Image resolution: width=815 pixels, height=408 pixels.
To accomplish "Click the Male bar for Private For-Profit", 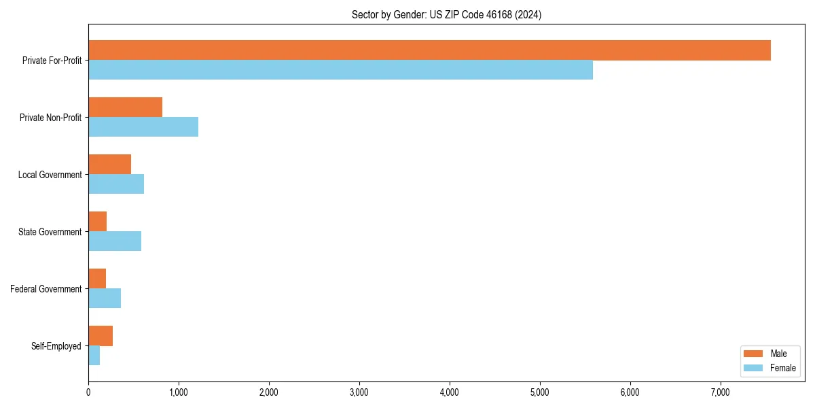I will [429, 50].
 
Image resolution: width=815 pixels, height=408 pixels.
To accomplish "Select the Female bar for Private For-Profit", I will [340, 70].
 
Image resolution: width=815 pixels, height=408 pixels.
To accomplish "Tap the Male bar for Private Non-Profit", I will [125, 107].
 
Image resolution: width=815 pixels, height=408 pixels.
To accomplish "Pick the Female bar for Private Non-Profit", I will [143, 127].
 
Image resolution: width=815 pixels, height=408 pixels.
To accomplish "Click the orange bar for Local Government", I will [109, 165].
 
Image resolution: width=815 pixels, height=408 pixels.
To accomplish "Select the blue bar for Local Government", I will [116, 184].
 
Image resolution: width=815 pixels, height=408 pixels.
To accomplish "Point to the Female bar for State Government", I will [115, 241].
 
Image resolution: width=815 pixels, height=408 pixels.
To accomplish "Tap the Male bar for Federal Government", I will [97, 279].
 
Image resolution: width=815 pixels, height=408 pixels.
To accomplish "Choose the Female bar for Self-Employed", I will [94, 356].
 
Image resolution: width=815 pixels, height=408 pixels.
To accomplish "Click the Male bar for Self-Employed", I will [101, 336].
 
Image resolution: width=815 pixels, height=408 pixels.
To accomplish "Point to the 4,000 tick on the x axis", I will [450, 392].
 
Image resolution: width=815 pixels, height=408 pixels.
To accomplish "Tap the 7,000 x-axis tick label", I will [720, 392].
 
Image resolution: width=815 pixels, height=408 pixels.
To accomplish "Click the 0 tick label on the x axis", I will [88, 392].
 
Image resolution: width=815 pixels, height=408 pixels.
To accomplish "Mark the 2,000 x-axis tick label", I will [269, 392].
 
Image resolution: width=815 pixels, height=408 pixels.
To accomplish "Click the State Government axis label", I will [50, 232].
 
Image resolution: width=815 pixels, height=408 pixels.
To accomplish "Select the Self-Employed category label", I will [56, 346].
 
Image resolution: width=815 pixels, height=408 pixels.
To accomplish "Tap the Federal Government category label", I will [46, 289].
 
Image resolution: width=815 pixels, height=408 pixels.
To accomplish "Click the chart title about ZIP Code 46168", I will [446, 14].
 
